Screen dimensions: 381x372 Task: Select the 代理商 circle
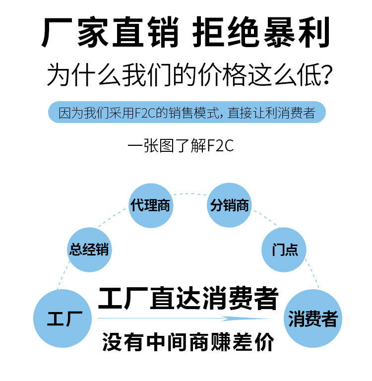point(150,205)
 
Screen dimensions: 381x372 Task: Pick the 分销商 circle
point(229,205)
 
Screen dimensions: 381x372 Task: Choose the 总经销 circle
point(89,250)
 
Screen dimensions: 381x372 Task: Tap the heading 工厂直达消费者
point(188,298)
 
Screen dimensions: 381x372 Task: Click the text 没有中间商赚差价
point(188,342)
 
